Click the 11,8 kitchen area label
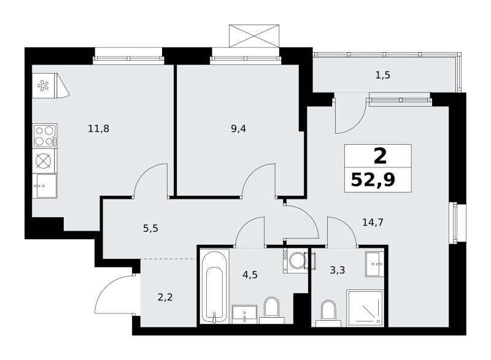click(99, 128)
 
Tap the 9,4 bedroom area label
click(238, 128)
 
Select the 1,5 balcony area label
click(382, 75)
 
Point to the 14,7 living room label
click(373, 223)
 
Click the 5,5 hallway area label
click(150, 228)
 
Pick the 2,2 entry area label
click(165, 297)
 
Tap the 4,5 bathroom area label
click(250, 275)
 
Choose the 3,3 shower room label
click(337, 270)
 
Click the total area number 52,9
click(373, 180)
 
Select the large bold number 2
click(380, 156)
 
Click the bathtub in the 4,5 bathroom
click(214, 287)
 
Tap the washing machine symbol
click(295, 261)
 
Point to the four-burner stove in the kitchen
click(45, 136)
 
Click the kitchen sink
click(45, 186)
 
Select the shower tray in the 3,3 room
click(365, 308)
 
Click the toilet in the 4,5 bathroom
click(271, 310)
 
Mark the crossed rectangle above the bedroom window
click(254, 36)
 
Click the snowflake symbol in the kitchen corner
click(43, 86)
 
